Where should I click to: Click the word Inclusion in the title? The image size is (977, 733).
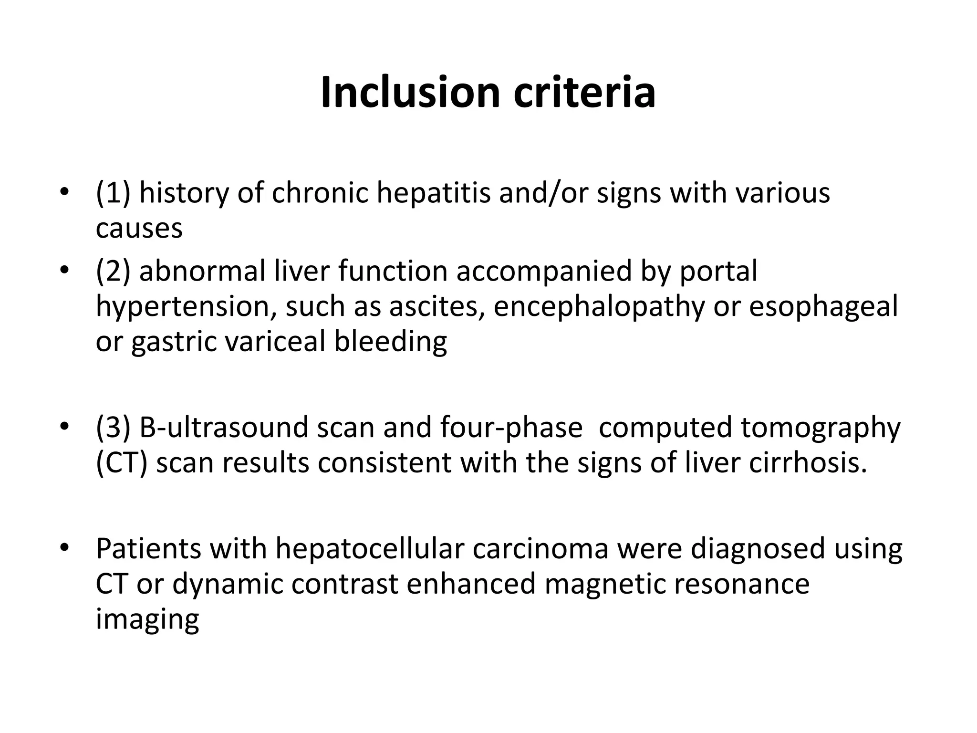410,92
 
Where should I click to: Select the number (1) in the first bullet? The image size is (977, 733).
113,193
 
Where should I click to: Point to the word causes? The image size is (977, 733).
139,228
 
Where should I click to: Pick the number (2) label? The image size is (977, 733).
113,271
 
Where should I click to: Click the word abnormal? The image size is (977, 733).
202,271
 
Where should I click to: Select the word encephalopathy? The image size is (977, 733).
599,306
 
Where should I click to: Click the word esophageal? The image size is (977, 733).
823,306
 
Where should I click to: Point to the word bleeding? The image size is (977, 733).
390,342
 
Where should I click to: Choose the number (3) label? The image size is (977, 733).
113,427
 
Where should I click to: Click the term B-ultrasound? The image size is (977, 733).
224,427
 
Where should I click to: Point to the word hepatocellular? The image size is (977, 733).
370,549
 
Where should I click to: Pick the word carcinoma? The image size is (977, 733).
540,549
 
